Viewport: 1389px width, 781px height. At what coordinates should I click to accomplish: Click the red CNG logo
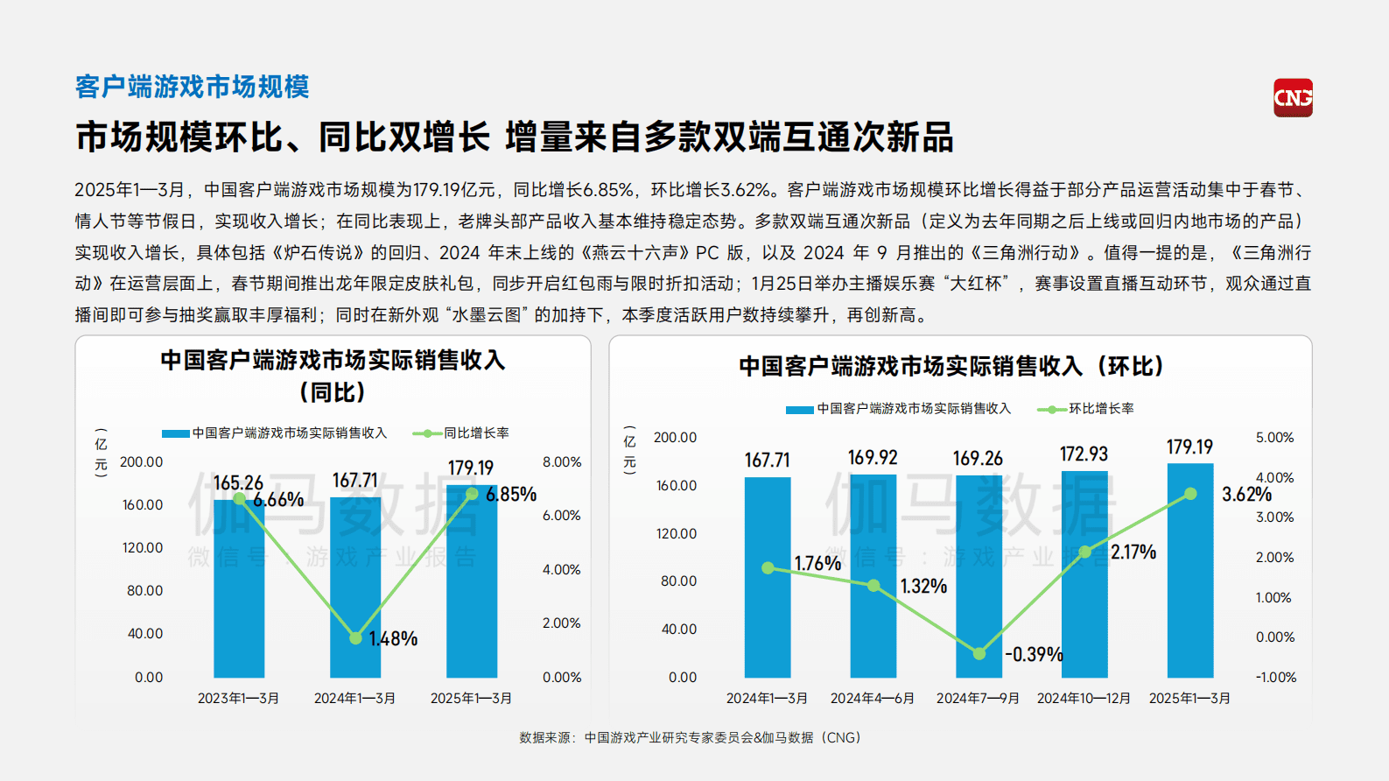coord(1293,97)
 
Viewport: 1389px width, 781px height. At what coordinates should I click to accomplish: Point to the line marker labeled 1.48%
coord(355,638)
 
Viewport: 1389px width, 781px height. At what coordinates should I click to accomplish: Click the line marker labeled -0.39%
coord(979,653)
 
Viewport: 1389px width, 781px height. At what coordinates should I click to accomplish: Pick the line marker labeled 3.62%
coord(1190,494)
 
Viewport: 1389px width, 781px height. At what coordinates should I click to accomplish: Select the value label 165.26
coord(238,482)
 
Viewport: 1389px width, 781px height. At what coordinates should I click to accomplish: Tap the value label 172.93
coord(1084,454)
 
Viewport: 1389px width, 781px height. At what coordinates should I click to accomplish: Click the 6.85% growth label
coord(511,495)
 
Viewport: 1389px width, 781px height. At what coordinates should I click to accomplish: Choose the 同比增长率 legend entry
coord(461,433)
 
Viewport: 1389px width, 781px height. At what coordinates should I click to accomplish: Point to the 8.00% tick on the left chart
coord(561,462)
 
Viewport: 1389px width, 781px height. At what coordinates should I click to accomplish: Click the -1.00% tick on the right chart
coord(1275,677)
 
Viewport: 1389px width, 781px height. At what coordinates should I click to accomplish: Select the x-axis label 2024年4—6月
coord(873,698)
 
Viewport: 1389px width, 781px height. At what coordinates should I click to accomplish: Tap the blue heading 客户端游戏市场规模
coord(192,87)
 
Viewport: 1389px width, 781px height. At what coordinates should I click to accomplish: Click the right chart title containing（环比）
coord(951,366)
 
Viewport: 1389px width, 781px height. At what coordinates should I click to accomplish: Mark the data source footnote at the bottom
coord(690,737)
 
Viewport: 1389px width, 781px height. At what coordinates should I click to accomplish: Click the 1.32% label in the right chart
coord(923,586)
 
